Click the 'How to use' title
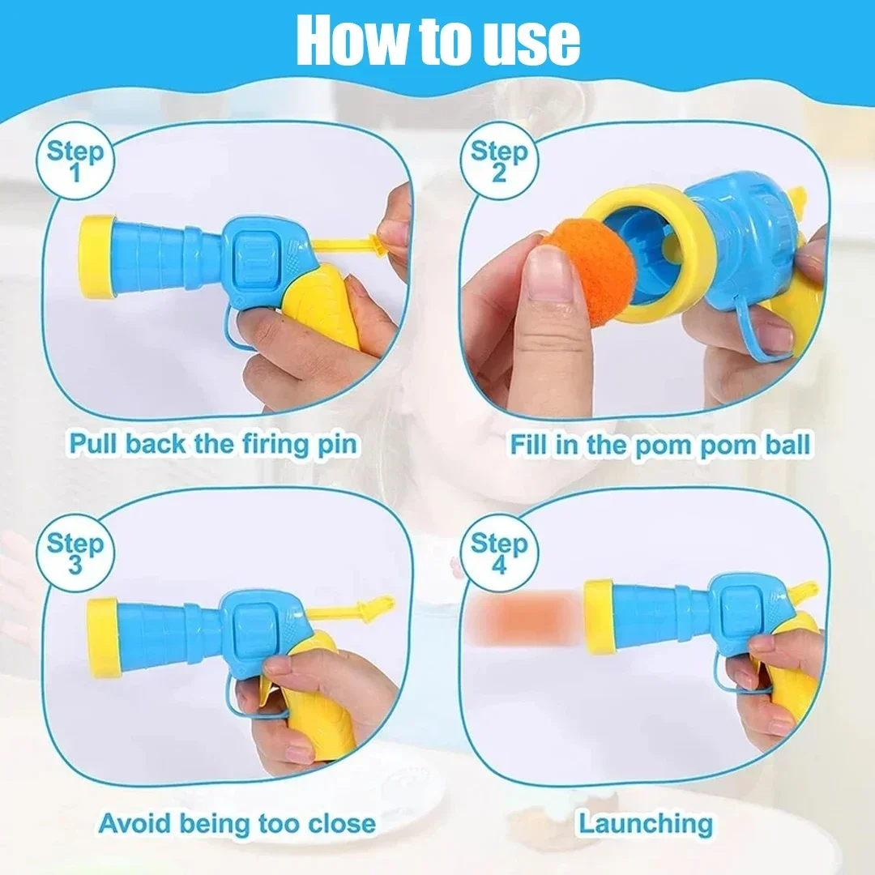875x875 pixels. [438, 40]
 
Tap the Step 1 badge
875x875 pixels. [75, 160]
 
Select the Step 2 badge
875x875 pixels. [499, 160]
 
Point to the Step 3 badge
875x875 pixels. [75, 553]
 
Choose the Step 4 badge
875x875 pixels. [499, 553]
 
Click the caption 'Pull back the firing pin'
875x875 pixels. [212, 444]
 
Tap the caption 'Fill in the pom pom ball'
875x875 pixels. [660, 445]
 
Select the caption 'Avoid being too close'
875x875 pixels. [237, 823]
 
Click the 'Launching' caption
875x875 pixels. [646, 823]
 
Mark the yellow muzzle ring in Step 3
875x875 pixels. [104, 638]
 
